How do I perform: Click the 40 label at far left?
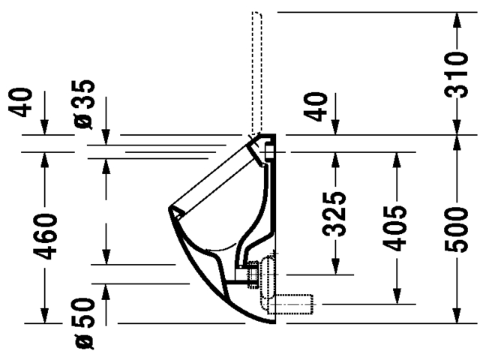pos(25,103)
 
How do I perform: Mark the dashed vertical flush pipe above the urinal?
pos(256,67)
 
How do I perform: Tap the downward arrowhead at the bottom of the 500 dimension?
pos(457,317)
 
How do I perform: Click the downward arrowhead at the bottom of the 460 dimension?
pos(46,317)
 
